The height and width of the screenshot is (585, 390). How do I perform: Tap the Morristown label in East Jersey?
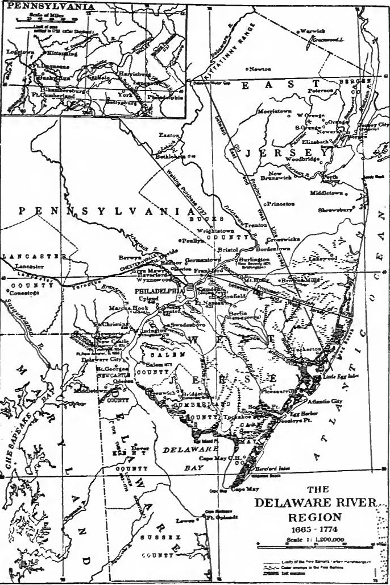276,110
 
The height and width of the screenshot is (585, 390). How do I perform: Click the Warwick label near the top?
312,30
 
